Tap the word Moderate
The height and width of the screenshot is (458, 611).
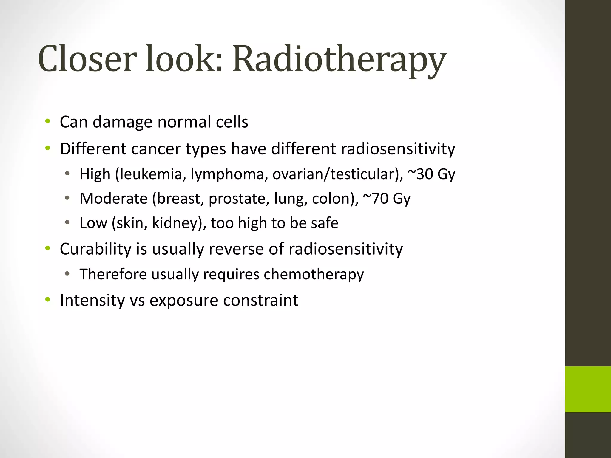point(114,199)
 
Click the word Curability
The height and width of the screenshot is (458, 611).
point(95,249)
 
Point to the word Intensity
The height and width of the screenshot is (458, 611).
point(92,300)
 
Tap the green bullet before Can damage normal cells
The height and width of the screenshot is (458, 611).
point(48,121)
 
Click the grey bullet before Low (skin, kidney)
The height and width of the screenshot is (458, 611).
point(67,222)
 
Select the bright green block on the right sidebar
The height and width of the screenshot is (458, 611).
point(588,389)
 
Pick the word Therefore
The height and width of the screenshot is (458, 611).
point(113,274)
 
